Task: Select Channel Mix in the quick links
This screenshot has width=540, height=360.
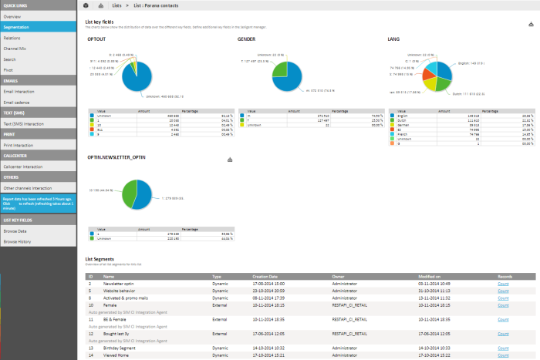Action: coord(15,47)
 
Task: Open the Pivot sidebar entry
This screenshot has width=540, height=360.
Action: coord(8,69)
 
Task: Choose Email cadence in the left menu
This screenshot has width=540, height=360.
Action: coord(16,101)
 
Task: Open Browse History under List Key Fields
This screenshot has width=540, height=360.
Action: coord(18,241)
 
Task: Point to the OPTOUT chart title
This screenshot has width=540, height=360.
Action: coord(96,38)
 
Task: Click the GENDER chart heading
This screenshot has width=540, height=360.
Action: coord(248,38)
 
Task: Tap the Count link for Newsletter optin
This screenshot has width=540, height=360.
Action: coord(504,284)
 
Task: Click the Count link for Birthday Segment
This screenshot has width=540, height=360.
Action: coord(504,348)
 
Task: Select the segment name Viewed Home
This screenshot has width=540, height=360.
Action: coord(116,355)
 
